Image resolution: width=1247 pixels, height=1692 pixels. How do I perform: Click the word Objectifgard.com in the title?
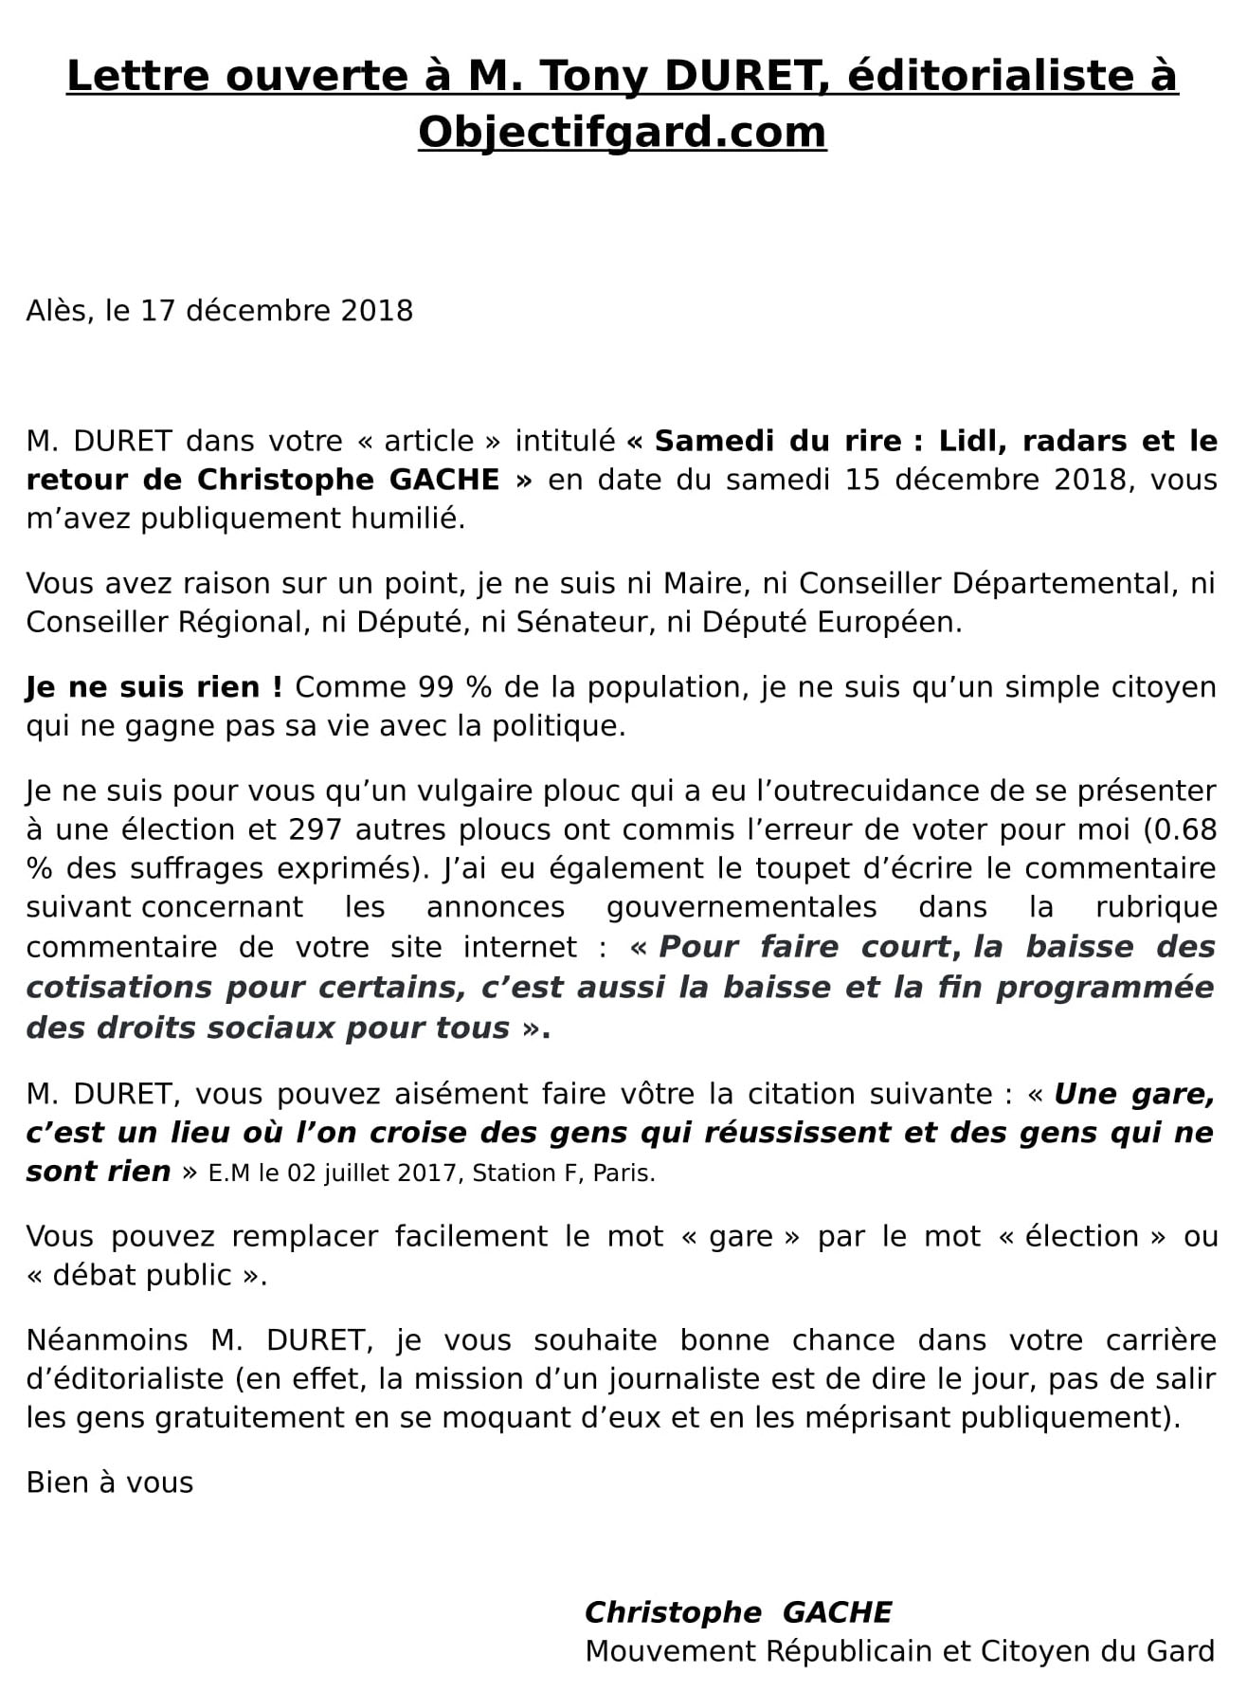pos(622,132)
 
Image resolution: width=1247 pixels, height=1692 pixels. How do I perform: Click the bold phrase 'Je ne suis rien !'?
pos(154,687)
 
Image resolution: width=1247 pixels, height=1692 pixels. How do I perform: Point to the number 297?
pos(315,829)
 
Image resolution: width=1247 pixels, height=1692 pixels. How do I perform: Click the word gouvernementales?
pos(741,907)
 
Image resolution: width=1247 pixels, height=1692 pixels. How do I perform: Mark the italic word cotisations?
pos(118,988)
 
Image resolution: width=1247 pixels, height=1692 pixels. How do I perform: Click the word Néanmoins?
pos(107,1340)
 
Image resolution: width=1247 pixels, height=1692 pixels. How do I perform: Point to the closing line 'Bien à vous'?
pos(110,1483)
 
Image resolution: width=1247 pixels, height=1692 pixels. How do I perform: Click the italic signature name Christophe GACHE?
pos(738,1612)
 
